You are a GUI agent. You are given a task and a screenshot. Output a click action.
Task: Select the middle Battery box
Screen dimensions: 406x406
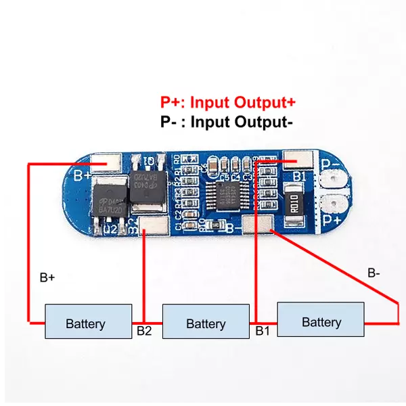click(206, 322)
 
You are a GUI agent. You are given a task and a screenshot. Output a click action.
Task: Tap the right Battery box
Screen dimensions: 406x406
click(321, 320)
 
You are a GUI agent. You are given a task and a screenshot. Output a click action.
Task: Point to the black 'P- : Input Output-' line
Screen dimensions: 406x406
click(227, 122)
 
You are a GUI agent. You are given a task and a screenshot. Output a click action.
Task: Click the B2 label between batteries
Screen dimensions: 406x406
click(143, 332)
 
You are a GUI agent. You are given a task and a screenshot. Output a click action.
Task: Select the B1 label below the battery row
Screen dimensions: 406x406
click(263, 332)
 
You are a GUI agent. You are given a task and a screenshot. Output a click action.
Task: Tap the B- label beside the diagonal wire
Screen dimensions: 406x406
click(374, 273)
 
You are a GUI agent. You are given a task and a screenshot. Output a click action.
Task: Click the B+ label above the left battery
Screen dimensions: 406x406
click(47, 277)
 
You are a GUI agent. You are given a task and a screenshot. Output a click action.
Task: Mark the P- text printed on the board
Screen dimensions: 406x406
click(332, 164)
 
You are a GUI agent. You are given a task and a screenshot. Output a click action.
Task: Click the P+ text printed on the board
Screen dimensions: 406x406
click(332, 220)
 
